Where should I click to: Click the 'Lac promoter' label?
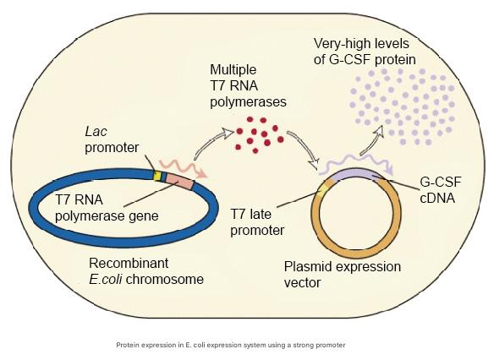point(112,139)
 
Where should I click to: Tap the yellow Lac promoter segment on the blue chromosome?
point(157,176)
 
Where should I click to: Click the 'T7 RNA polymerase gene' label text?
point(107,208)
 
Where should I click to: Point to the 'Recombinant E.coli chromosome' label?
point(146,271)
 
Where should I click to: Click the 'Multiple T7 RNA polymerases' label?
point(248,86)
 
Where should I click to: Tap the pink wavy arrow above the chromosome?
point(184,166)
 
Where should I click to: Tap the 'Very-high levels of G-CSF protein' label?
point(365,52)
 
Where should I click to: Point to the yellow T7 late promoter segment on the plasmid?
point(323,190)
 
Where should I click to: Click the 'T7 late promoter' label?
point(257,222)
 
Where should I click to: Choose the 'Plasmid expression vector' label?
point(343,275)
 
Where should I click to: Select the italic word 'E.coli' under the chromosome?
point(106,279)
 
